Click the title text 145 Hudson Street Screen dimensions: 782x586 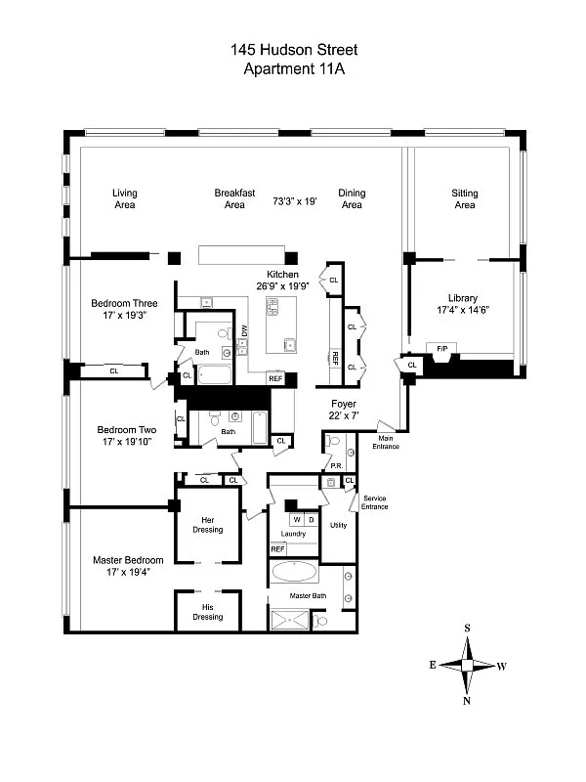(293, 49)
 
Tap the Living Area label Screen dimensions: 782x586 (124, 198)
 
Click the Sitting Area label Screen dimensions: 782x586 (464, 198)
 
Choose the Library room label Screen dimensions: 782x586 (464, 298)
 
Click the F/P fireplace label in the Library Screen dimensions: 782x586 (437, 347)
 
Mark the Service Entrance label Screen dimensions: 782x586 (374, 502)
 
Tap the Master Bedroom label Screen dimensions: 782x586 (128, 560)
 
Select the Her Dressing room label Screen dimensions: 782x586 (208, 524)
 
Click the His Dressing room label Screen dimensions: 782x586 (207, 612)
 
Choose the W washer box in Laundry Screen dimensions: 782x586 (296, 519)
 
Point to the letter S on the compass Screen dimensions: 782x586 (468, 629)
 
